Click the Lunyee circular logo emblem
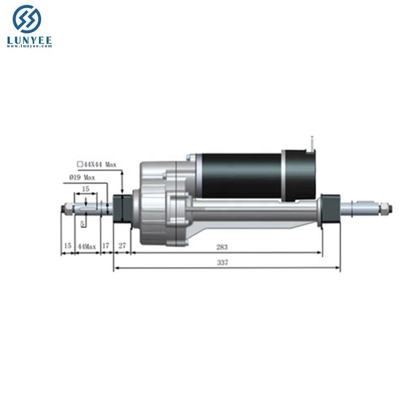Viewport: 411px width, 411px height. click(x=27, y=19)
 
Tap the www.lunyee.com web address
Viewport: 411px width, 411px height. click(x=30, y=46)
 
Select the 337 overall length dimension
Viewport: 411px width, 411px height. click(x=223, y=262)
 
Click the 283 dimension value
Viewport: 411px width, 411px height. click(x=222, y=247)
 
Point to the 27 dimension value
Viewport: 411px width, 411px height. click(x=122, y=246)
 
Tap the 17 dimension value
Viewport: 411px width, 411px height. click(x=105, y=246)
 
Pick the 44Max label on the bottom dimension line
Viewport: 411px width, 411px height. click(x=87, y=247)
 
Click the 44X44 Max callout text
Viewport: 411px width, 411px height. click(x=100, y=164)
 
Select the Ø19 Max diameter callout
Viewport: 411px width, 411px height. click(x=82, y=177)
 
